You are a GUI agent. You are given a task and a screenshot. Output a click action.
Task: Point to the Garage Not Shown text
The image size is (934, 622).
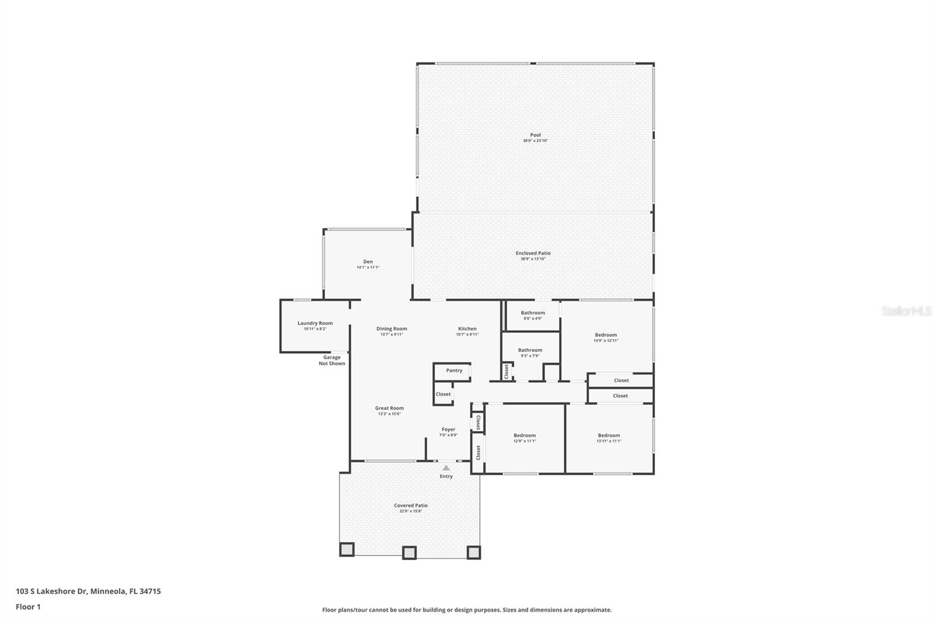coord(332,361)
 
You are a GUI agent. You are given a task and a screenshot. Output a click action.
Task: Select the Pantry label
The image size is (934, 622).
coord(454,371)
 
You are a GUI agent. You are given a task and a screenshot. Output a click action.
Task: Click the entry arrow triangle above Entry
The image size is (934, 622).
coord(446,468)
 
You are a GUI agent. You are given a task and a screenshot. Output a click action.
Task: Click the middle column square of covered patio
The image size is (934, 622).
coord(409,552)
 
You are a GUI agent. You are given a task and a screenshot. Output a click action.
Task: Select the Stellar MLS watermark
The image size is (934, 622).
coord(906,312)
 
